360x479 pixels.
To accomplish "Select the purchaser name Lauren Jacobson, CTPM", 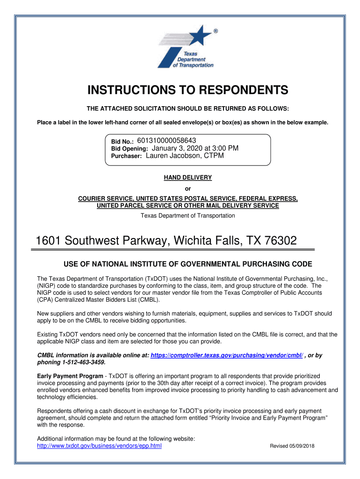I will (x=185, y=156).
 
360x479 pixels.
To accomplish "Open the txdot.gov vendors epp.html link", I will (x=99, y=446).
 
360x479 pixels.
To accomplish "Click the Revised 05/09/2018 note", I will (x=292, y=446).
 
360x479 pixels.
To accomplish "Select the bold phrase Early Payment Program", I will (x=70, y=376).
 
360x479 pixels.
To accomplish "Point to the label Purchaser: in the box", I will (x=126, y=157).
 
